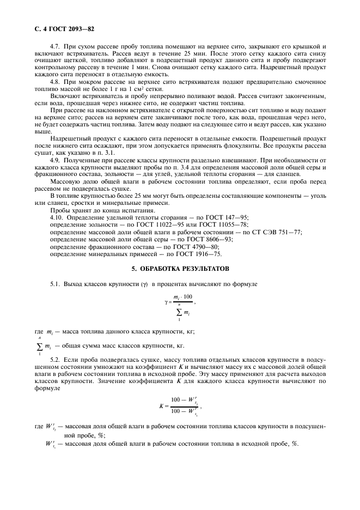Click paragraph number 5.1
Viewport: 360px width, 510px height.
click(56, 284)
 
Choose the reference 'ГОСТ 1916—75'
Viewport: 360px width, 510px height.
click(200, 253)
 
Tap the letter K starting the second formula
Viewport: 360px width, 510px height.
click(161, 406)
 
